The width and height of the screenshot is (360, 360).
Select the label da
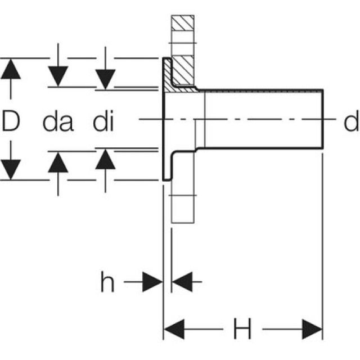point(57,121)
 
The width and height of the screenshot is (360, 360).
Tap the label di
point(103,121)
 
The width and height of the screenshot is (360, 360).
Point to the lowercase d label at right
point(352,121)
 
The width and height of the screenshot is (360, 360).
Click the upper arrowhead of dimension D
point(11,68)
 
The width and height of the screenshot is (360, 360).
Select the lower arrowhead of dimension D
point(11,169)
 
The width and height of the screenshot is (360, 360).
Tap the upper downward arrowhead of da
point(58,76)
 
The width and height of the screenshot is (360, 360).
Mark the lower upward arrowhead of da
point(58,161)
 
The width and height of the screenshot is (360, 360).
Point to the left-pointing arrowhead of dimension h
point(181,281)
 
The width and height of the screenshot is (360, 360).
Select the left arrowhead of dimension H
point(174,328)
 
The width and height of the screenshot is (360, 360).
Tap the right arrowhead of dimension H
point(312,328)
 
